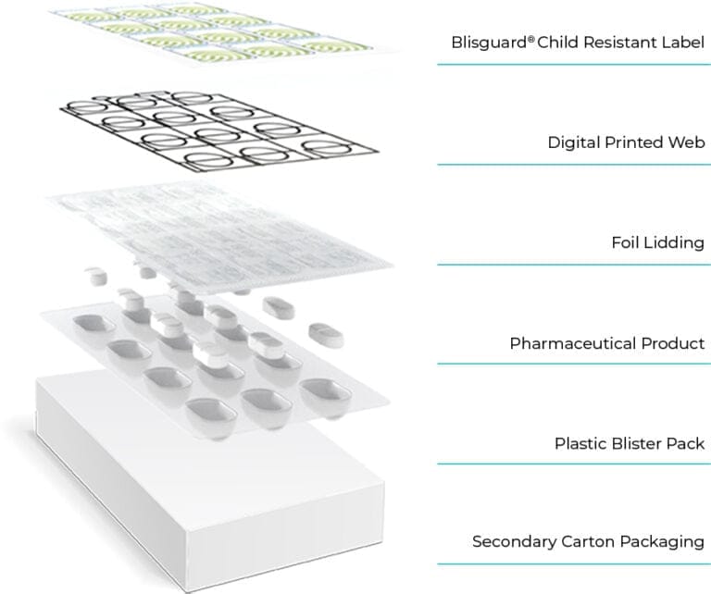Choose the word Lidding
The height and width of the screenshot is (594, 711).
point(675,243)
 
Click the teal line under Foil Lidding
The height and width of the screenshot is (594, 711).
point(573,265)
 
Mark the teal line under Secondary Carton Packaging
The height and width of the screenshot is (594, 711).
point(573,563)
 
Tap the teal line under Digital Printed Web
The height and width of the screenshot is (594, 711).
point(573,165)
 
